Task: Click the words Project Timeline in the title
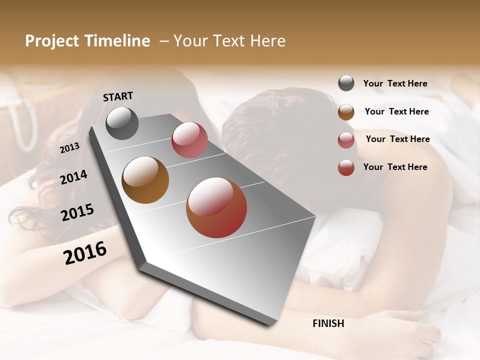[x=87, y=41]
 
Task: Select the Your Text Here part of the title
[x=229, y=41]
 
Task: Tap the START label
[x=118, y=96]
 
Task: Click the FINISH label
[x=328, y=323]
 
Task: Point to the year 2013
[x=70, y=148]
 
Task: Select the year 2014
[x=73, y=177]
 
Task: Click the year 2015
[x=77, y=212]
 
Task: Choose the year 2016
[x=85, y=252]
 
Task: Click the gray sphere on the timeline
[x=122, y=123]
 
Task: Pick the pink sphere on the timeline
[x=189, y=140]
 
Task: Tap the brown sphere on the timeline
[x=145, y=180]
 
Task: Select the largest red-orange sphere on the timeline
[x=216, y=207]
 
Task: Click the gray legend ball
[x=346, y=83]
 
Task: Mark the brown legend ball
[x=346, y=112]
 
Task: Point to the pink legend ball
[x=346, y=140]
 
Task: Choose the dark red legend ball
[x=346, y=167]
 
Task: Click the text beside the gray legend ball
[x=395, y=83]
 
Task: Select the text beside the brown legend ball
[x=397, y=111]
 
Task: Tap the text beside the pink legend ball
[x=398, y=139]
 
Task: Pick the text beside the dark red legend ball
[x=395, y=167]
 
